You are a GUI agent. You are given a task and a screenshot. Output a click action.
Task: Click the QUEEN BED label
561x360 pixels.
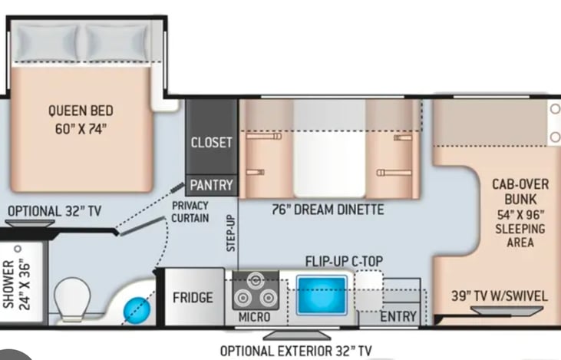tap(80, 119)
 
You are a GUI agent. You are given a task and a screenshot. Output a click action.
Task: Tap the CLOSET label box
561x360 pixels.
tap(211, 143)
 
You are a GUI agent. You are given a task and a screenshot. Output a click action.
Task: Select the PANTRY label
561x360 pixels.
tap(211, 185)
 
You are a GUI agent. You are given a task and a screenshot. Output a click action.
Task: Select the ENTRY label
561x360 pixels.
tap(398, 316)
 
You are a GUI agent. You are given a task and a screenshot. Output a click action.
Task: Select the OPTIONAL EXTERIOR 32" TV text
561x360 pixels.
tap(295, 351)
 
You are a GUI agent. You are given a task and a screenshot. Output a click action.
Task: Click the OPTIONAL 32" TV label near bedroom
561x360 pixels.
tap(54, 211)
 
